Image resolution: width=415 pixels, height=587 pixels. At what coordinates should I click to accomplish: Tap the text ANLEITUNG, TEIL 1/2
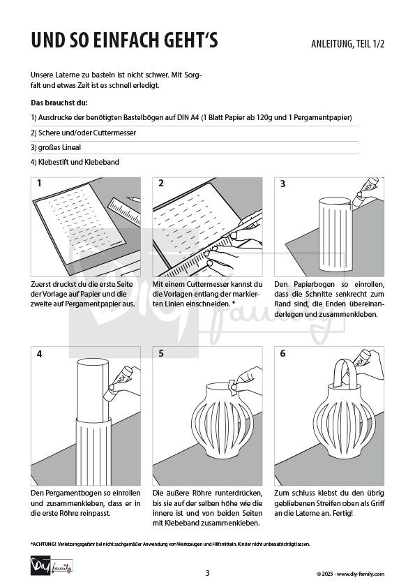coord(347,44)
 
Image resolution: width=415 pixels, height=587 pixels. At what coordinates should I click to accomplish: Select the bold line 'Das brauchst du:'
coord(59,103)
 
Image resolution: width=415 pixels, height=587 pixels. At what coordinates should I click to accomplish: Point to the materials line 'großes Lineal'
coord(56,147)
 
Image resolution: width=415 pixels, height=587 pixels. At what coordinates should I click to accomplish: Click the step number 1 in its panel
coord(39,183)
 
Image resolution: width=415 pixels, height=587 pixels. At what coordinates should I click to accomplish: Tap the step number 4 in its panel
coord(39,354)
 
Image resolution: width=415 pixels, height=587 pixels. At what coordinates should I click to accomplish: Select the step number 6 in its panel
coord(283,353)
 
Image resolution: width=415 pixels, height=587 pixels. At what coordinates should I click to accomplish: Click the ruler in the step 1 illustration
coord(124,212)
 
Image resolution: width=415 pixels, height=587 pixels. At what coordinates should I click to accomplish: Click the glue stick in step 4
coord(119,383)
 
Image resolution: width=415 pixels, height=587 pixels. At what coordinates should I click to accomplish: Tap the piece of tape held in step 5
coord(232,387)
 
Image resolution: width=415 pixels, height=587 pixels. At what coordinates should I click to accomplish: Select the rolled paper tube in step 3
coord(335,235)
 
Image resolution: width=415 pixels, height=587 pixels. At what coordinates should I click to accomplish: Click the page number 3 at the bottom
coord(208,573)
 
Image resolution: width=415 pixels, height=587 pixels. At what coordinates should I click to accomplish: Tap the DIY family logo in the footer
coord(52,566)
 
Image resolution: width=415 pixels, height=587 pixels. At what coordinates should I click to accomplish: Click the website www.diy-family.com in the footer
coord(361,574)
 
